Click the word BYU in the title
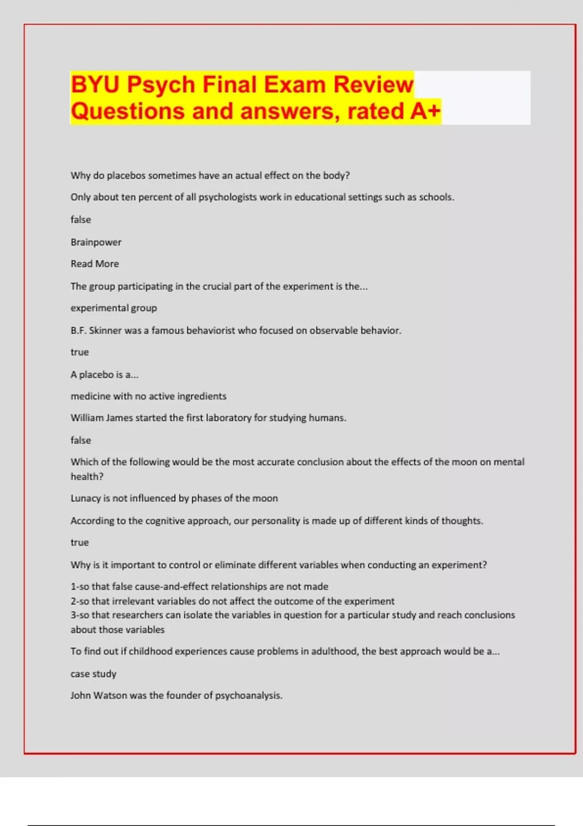95,85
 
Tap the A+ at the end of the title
425,111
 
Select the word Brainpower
96,242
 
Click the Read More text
95,264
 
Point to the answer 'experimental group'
114,308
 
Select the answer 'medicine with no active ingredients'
148,396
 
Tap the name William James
101,418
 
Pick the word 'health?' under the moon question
87,477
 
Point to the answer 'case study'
93,674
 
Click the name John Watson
99,696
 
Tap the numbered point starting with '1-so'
199,586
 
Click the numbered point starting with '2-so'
232,601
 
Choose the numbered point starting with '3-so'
292,615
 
